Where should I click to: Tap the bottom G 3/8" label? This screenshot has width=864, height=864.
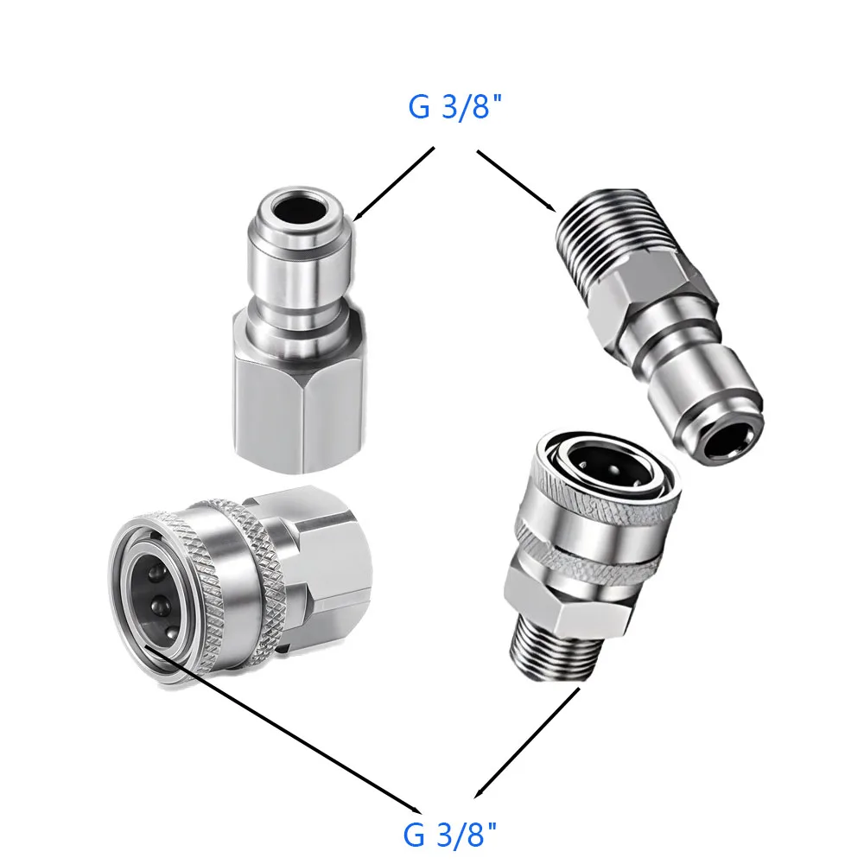[451, 835]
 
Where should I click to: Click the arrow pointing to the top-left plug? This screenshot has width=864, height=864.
[393, 184]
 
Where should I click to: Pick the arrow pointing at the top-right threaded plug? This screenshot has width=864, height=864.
[517, 180]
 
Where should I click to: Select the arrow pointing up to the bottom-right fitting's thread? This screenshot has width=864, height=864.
[527, 742]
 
